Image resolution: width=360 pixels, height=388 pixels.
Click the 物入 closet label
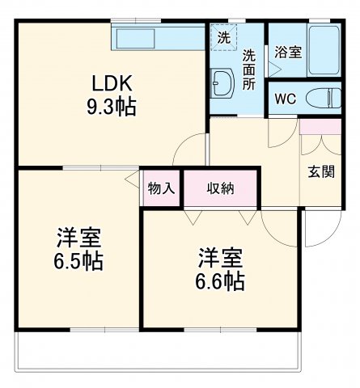coord(161,188)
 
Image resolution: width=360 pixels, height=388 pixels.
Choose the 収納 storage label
coord(220,188)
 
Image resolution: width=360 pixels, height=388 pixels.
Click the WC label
coord(284,99)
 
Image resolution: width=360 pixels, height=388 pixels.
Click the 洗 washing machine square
coord(222,36)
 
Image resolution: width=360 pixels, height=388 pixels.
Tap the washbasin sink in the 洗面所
coord(222,81)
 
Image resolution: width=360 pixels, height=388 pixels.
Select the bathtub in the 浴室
coord(327,51)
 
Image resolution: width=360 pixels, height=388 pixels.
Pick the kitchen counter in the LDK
coord(159,37)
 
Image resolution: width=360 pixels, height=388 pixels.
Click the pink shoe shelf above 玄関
coord(320,128)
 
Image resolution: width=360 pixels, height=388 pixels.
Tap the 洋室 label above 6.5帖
coord(79,238)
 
